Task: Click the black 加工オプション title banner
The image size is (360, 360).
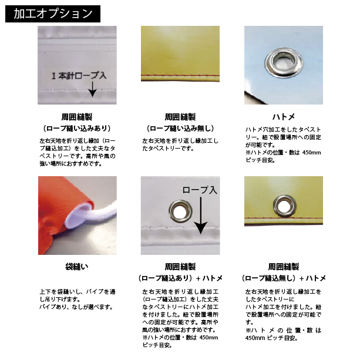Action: pos(52,12)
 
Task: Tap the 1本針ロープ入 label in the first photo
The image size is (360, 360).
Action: pos(79,76)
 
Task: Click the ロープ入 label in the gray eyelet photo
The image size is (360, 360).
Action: pos(200,190)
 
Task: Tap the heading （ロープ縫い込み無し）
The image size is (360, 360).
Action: pos(180,127)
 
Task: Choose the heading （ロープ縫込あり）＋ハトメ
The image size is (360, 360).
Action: pos(180,277)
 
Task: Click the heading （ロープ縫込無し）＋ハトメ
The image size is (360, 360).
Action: pos(284,277)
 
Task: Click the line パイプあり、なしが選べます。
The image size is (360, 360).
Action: pos(76,307)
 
